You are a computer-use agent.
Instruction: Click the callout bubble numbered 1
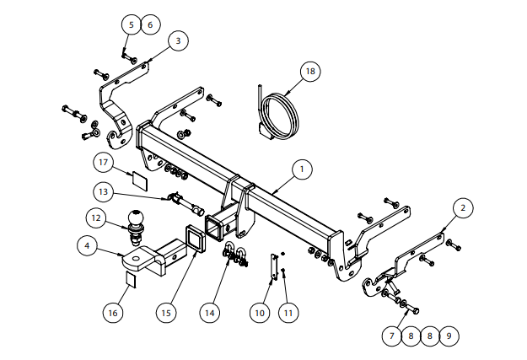click(302, 169)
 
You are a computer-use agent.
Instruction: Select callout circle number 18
click(310, 72)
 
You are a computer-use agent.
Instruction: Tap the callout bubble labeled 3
click(178, 41)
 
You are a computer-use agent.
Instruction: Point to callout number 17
click(103, 163)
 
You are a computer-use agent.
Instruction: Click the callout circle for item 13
click(103, 192)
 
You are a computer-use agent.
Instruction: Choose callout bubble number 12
click(96, 218)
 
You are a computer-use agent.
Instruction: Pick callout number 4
click(87, 245)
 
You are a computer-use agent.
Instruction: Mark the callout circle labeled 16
click(113, 313)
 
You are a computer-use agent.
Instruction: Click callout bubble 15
click(166, 313)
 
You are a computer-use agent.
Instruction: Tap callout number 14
click(209, 313)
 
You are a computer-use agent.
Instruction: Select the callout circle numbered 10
click(260, 313)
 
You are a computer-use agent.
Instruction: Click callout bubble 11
click(288, 313)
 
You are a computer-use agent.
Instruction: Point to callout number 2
click(463, 208)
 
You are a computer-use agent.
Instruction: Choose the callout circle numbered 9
click(449, 336)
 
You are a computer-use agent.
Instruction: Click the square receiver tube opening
click(213, 228)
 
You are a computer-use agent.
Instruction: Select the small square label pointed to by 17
click(139, 180)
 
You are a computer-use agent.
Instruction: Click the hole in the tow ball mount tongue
click(136, 259)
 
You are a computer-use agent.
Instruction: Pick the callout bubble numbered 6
click(150, 24)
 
